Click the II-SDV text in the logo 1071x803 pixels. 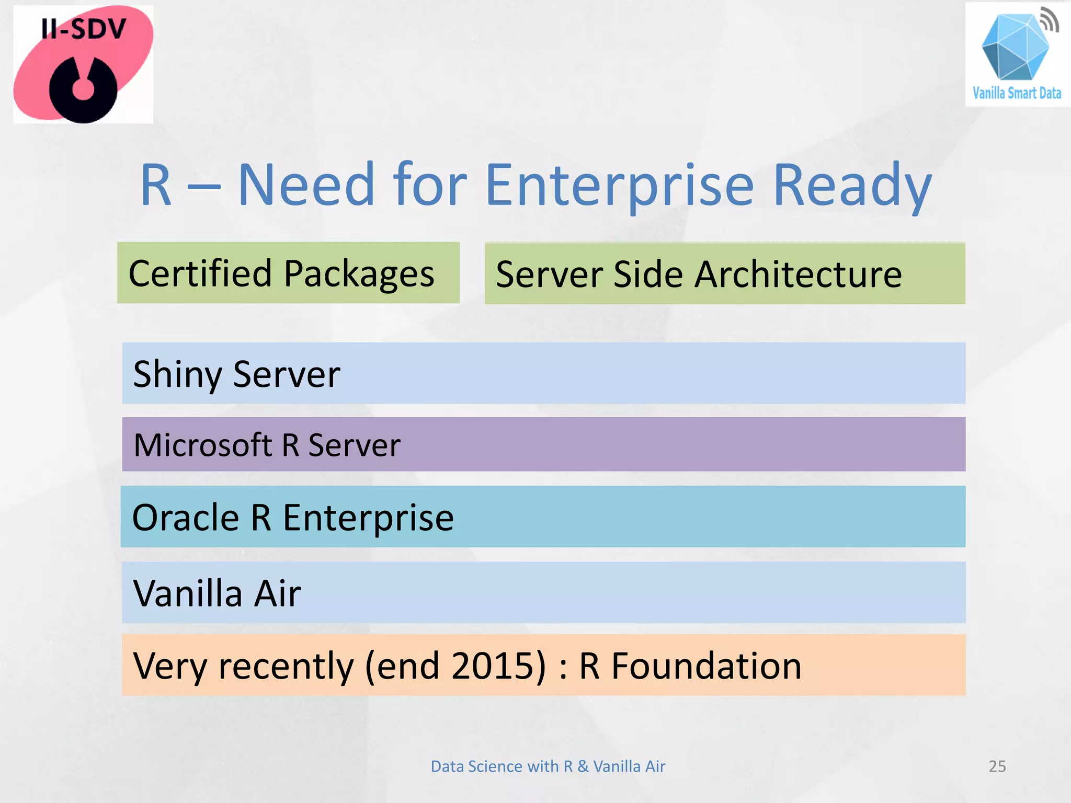84,29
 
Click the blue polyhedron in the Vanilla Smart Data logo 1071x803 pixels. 1014,50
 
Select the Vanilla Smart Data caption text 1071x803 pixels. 1017,93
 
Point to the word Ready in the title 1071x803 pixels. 852,186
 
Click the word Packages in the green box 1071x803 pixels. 359,274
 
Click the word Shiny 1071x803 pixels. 178,374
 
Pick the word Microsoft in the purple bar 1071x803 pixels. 202,445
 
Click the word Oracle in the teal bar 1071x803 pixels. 186,517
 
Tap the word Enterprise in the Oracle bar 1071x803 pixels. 368,518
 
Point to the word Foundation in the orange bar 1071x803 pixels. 706,666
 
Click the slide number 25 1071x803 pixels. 997,766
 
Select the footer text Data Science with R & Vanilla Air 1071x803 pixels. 548,766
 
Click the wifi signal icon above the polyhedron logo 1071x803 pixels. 1048,20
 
